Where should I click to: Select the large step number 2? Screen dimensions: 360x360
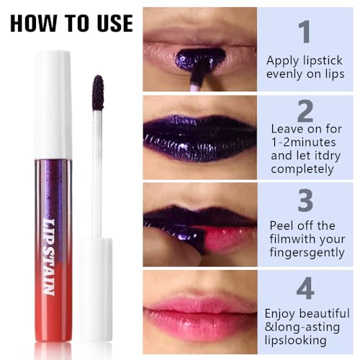pyautogui.click(x=305, y=112)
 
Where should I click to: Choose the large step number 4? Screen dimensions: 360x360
pyautogui.click(x=305, y=288)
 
